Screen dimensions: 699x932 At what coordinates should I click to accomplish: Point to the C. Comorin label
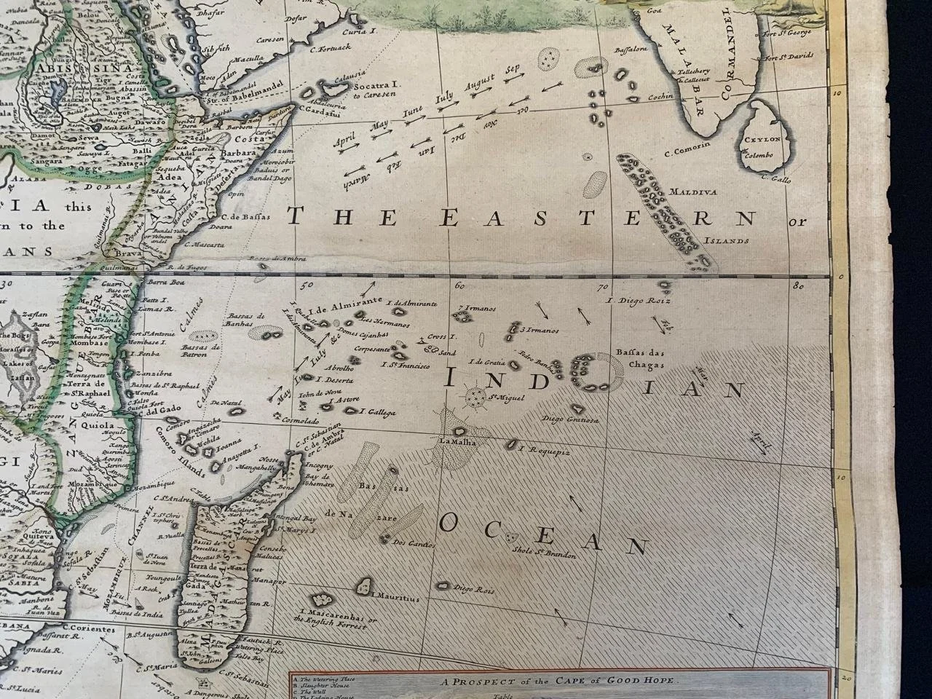pos(688,152)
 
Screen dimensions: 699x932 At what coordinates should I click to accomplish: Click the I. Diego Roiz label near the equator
pos(638,299)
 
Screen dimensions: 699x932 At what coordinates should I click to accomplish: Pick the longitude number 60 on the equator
pos(457,285)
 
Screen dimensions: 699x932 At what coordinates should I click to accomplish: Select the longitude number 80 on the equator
pos(799,286)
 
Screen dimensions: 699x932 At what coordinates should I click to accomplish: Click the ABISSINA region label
pos(57,63)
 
